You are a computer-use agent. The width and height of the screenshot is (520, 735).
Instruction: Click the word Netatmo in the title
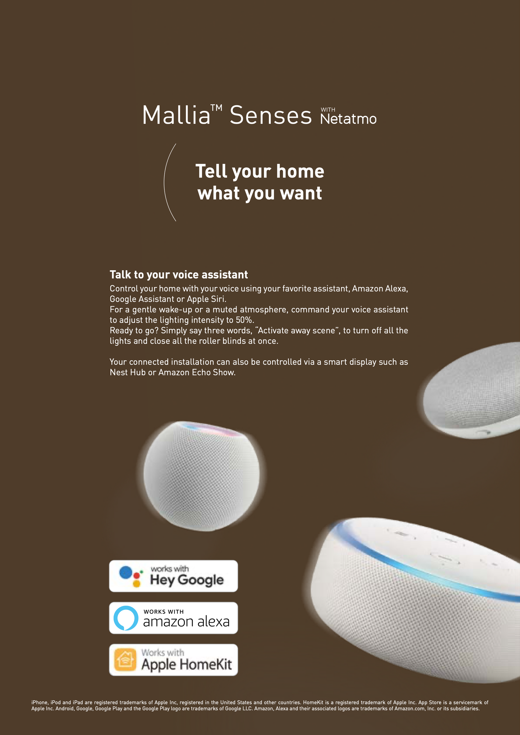348,119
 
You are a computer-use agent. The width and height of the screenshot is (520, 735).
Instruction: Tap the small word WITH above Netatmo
328,110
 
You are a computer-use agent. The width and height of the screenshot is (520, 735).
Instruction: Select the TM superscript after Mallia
216,108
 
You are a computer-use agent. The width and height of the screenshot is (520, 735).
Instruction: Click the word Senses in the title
271,115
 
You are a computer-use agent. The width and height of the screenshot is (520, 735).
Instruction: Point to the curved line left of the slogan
165,182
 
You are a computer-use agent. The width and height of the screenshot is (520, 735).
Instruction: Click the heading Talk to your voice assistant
179,275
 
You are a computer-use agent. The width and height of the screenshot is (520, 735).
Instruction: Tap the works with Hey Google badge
173,576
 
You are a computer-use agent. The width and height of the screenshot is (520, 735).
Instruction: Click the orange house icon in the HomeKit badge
126,660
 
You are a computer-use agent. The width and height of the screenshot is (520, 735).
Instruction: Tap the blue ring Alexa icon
126,618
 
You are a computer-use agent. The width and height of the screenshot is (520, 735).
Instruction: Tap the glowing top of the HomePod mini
210,429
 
